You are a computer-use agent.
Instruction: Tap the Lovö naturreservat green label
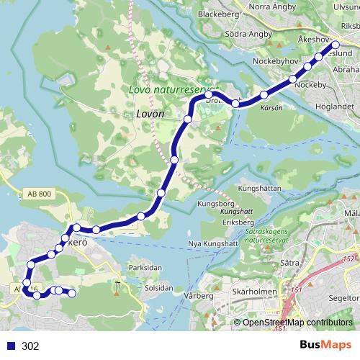[173, 90]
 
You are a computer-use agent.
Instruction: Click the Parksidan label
[144, 267]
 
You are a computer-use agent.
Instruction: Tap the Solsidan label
[158, 287]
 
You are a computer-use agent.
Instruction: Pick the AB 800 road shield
[40, 194]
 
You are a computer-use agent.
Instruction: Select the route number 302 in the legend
[30, 346]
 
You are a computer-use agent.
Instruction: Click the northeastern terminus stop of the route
[335, 44]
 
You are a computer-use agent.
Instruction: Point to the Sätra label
[289, 264]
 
